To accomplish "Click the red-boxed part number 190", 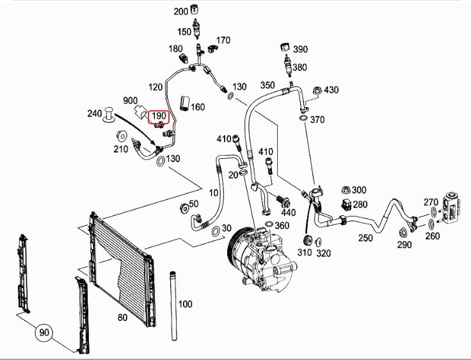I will pyautogui.click(x=159, y=117).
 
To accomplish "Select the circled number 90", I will pyautogui.click(x=44, y=333).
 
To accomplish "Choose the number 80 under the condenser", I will pyautogui.click(x=122, y=316).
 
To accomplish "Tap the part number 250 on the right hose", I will pyautogui.click(x=365, y=238).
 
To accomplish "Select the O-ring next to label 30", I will pyautogui.click(x=216, y=229).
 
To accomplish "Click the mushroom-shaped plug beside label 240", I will pyautogui.click(x=109, y=115).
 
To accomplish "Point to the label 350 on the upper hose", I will pyautogui.click(x=267, y=85).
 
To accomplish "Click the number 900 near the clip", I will pyautogui.click(x=131, y=101).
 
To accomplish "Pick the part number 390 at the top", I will pyautogui.click(x=299, y=49).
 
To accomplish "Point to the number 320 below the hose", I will pyautogui.click(x=323, y=253).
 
